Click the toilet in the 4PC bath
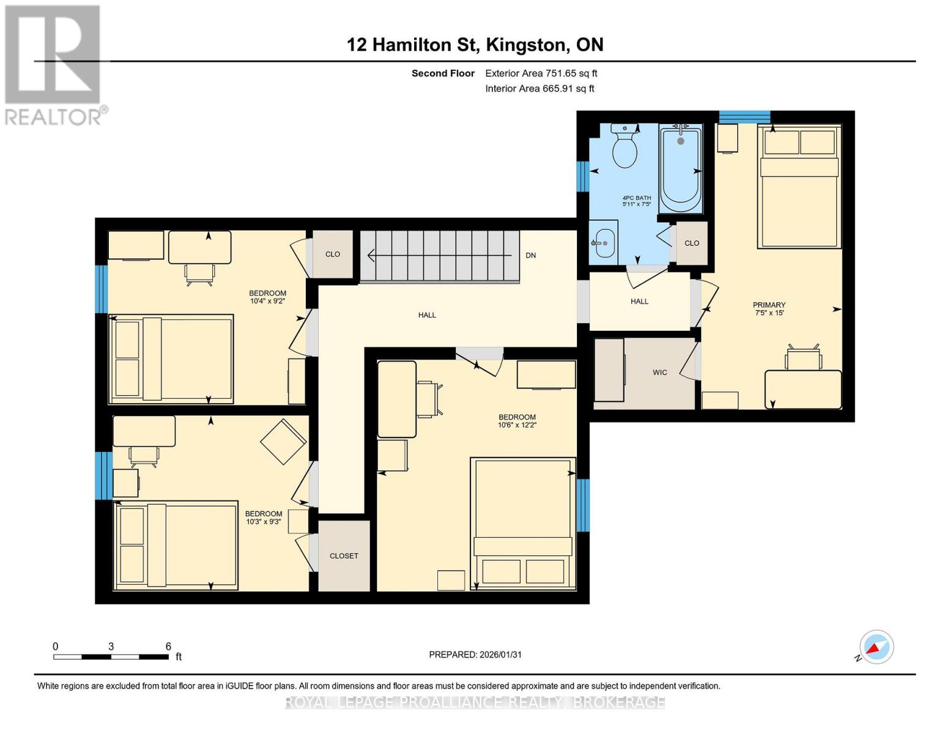[625, 147]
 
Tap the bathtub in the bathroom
[680, 169]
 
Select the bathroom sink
[604, 243]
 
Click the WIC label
[659, 373]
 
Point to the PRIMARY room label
[769, 305]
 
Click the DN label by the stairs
[530, 255]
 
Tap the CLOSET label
[344, 556]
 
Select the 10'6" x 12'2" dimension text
[517, 425]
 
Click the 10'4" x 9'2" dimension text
[267, 301]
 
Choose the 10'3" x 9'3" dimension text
[264, 522]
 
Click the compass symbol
[876, 647]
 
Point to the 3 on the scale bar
[111, 646]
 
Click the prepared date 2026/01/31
[475, 654]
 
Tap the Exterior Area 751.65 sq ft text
[541, 73]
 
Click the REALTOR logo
[54, 64]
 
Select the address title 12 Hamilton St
[475, 45]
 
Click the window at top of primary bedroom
[744, 116]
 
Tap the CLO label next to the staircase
[332, 254]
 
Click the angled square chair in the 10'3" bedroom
[283, 441]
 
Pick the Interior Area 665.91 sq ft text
[540, 89]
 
